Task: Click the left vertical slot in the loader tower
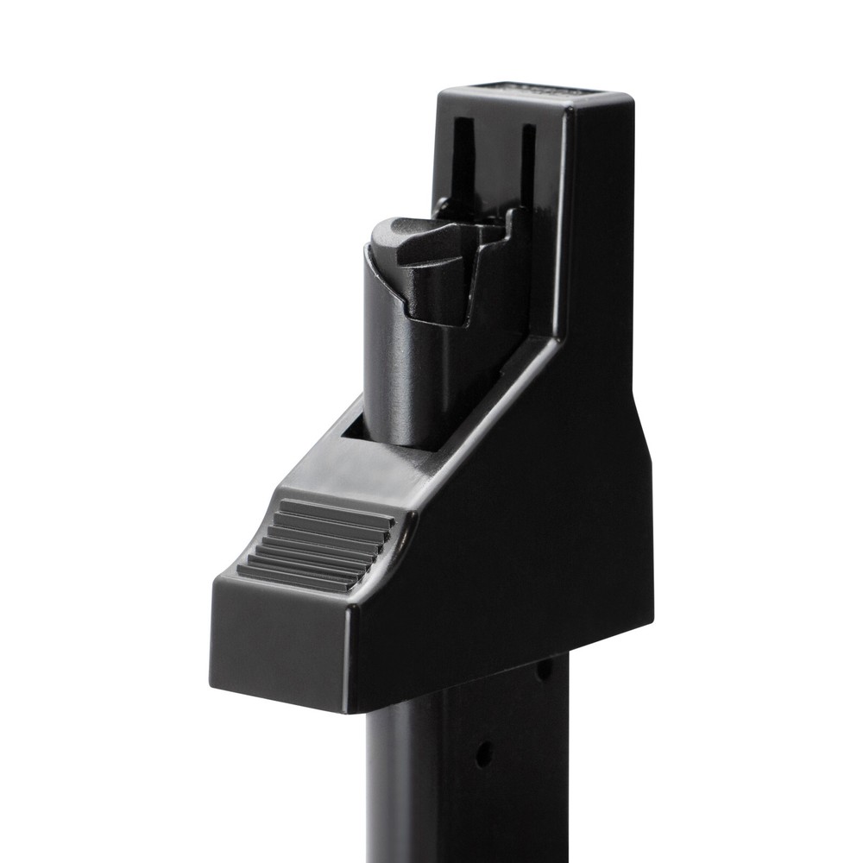point(463,160)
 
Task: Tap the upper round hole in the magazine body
point(544,669)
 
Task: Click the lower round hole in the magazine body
point(484,753)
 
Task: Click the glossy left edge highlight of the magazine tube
point(373,777)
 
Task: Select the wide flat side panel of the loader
point(535,518)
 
